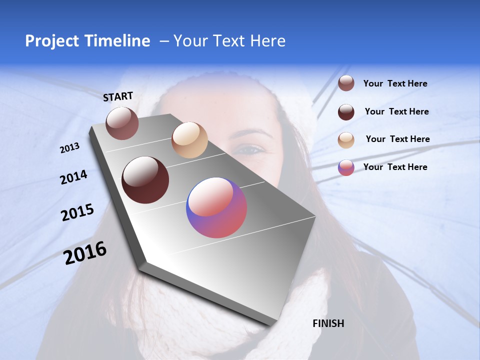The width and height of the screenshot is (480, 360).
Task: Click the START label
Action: coord(118,96)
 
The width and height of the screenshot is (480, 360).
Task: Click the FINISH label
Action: coord(328,323)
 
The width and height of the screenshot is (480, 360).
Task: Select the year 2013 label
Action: coord(69,148)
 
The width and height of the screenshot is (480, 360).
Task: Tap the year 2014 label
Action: coord(73,177)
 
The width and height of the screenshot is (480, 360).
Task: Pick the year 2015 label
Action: coord(77,212)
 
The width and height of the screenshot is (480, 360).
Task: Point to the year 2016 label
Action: coord(85,253)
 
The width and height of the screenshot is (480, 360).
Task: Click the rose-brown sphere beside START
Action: coord(122,123)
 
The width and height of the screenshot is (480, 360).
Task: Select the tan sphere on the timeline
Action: coord(189,140)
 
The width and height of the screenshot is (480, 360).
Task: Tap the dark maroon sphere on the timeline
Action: coord(145,180)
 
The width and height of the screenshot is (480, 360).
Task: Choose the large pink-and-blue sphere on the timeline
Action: coord(216,207)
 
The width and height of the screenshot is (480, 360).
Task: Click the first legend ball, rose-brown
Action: coord(346,83)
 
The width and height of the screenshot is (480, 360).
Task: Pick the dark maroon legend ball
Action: coord(346,112)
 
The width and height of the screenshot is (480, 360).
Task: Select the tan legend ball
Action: coord(346,140)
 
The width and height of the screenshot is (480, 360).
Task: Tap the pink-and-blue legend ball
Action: coord(346,167)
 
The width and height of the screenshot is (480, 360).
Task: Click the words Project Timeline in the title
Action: coord(87,41)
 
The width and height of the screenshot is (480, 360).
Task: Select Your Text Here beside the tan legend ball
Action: coord(397,139)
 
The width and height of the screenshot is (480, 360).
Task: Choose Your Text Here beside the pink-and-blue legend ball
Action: coord(395,167)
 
